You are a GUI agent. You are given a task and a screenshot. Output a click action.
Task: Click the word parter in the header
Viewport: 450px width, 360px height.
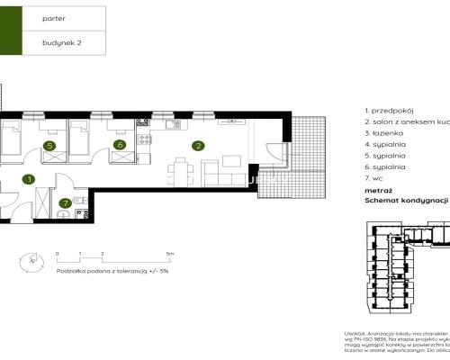click(x=54, y=18)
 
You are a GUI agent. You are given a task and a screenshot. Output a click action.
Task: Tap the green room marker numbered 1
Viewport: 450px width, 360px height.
click(x=29, y=180)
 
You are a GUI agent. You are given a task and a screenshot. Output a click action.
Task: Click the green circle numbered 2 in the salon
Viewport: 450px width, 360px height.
click(x=196, y=145)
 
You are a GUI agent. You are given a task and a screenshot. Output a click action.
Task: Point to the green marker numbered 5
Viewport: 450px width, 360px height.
click(x=49, y=145)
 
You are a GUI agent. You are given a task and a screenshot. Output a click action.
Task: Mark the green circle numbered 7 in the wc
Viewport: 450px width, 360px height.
click(x=64, y=203)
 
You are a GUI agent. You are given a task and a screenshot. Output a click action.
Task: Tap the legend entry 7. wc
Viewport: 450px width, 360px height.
click(x=378, y=178)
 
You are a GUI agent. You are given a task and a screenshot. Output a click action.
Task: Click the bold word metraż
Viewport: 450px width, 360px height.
click(x=378, y=191)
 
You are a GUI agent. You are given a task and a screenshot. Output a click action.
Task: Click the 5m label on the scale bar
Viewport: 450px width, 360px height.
click(x=170, y=255)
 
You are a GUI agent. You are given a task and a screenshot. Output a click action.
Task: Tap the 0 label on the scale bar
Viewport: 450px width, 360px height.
click(x=56, y=255)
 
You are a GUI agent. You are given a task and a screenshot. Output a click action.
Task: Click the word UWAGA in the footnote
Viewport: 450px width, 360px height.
click(x=355, y=332)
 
